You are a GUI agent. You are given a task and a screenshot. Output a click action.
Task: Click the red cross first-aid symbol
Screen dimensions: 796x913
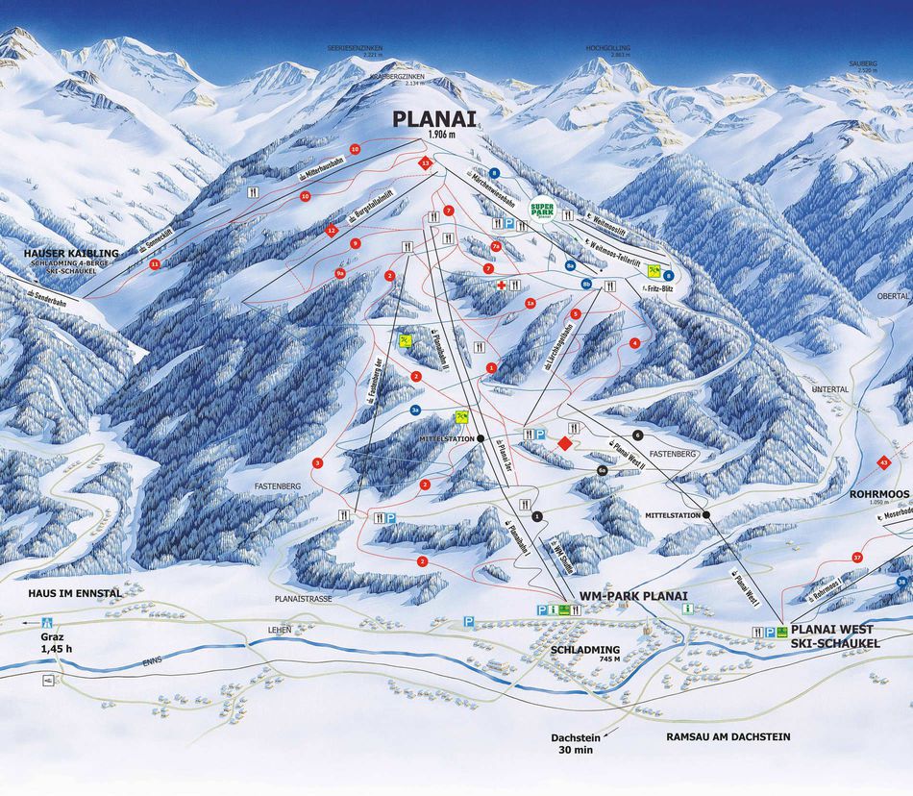coord(501,286)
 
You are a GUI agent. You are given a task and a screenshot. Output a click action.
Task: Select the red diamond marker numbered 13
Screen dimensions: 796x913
coord(425,164)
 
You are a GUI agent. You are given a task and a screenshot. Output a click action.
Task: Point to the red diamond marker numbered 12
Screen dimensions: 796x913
coord(332,231)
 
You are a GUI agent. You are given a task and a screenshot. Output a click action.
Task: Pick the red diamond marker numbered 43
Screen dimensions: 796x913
coord(882,463)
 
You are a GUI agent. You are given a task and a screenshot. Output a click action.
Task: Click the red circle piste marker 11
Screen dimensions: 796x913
coord(154,263)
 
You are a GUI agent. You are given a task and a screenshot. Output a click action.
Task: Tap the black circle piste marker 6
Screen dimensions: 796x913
coord(637,435)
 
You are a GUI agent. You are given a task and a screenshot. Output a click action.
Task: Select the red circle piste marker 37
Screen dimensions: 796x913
coord(856,557)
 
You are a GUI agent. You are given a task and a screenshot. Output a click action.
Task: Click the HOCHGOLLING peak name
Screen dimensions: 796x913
coord(606,47)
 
